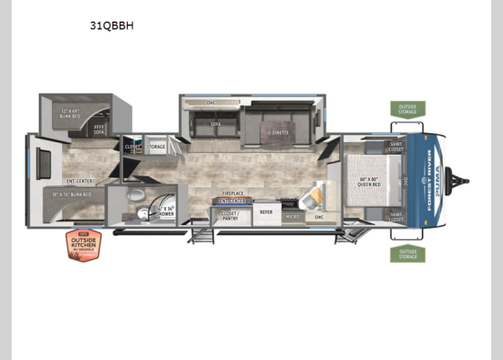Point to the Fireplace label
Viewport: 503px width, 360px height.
pos(234,193)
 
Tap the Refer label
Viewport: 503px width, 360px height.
pos(266,212)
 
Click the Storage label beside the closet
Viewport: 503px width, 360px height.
pos(157,146)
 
